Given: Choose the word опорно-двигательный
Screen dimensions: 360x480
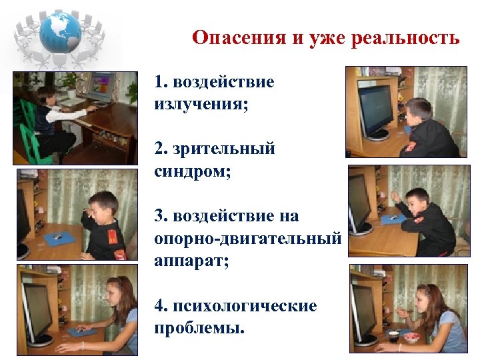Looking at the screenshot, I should point(247,238).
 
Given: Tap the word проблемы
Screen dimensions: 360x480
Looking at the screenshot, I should point(198,329).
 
